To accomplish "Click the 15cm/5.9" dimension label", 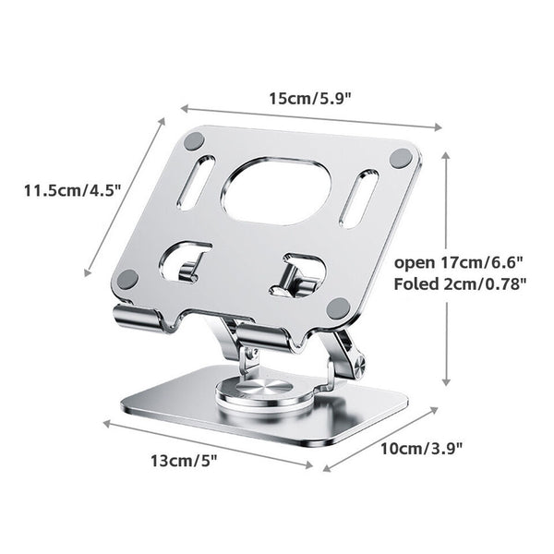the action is pyautogui.click(x=310, y=99).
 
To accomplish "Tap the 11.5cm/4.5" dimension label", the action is pyautogui.click(x=73, y=191).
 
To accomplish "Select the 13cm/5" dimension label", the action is pyautogui.click(x=184, y=461).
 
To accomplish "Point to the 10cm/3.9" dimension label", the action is pyautogui.click(x=421, y=449).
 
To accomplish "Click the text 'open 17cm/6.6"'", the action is pyautogui.click(x=458, y=262).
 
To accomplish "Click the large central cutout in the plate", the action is pyautogui.click(x=276, y=191).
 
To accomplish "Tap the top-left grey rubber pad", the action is pyautogui.click(x=194, y=141).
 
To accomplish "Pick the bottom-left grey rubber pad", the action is pyautogui.click(x=127, y=279).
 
